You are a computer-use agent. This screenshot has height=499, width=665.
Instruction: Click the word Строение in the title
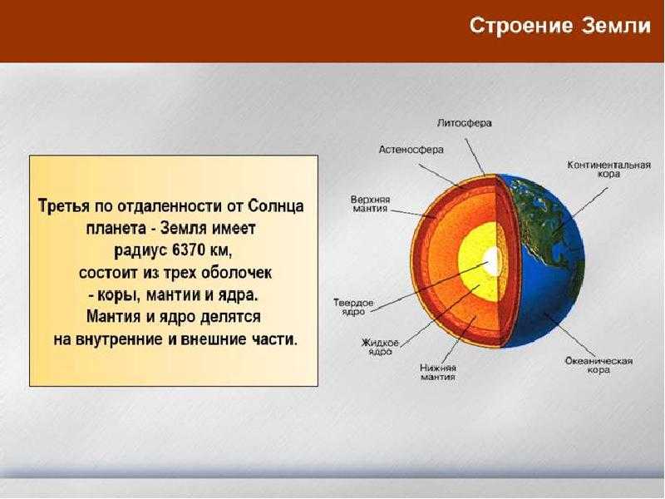click(521, 26)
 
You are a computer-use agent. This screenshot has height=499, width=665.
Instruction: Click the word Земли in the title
click(617, 26)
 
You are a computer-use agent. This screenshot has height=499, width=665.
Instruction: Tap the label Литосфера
click(465, 123)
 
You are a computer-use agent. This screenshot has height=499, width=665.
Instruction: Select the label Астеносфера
click(411, 150)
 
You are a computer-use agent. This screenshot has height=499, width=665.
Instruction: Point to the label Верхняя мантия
click(370, 204)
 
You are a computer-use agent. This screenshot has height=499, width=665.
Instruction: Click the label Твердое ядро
click(353, 307)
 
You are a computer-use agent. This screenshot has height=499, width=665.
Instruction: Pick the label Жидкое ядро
click(380, 347)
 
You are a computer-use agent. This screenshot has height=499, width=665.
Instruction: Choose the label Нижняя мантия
click(438, 372)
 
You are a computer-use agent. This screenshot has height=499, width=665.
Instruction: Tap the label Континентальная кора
click(609, 170)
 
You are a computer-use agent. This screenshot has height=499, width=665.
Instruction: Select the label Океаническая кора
click(598, 365)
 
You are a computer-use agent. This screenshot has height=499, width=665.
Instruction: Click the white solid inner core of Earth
click(492, 259)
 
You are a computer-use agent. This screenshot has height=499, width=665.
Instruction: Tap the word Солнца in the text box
click(276, 205)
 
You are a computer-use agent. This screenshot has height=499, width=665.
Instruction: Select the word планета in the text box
click(114, 228)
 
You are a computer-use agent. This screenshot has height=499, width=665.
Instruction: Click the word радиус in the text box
click(141, 250)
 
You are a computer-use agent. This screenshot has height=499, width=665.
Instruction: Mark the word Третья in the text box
click(64, 205)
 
